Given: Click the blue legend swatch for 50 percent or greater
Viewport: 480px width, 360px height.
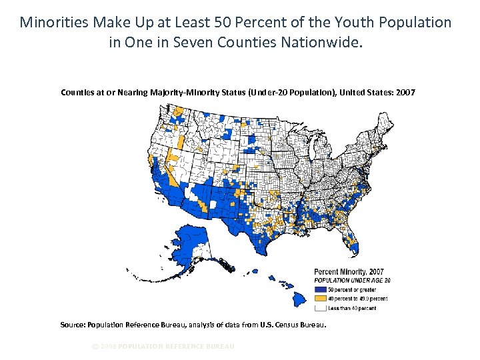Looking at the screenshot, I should click(x=320, y=290).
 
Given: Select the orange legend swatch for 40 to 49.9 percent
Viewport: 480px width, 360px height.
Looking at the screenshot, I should click(x=320, y=299).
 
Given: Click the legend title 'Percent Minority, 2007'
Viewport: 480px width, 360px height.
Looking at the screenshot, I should click(x=349, y=272).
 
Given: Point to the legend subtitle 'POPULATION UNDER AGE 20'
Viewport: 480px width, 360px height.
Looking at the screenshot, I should click(x=352, y=281).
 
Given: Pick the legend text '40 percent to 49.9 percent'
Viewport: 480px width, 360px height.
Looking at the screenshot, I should click(x=357, y=299).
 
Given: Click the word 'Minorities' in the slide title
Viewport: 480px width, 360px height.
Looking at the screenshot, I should click(x=51, y=23).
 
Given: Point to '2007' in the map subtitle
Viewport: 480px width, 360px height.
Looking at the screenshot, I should click(x=404, y=92).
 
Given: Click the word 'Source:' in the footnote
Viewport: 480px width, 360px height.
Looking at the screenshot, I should click(x=72, y=325).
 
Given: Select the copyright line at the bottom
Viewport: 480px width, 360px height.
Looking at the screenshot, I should click(x=163, y=346).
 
